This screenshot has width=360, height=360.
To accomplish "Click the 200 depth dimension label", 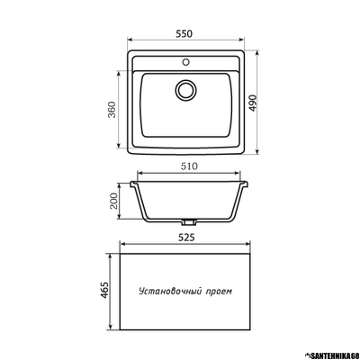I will click(x=114, y=201).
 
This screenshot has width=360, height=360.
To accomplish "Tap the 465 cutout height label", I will click(x=104, y=291).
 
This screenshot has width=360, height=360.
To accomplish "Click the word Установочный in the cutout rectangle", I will click(x=172, y=292).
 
